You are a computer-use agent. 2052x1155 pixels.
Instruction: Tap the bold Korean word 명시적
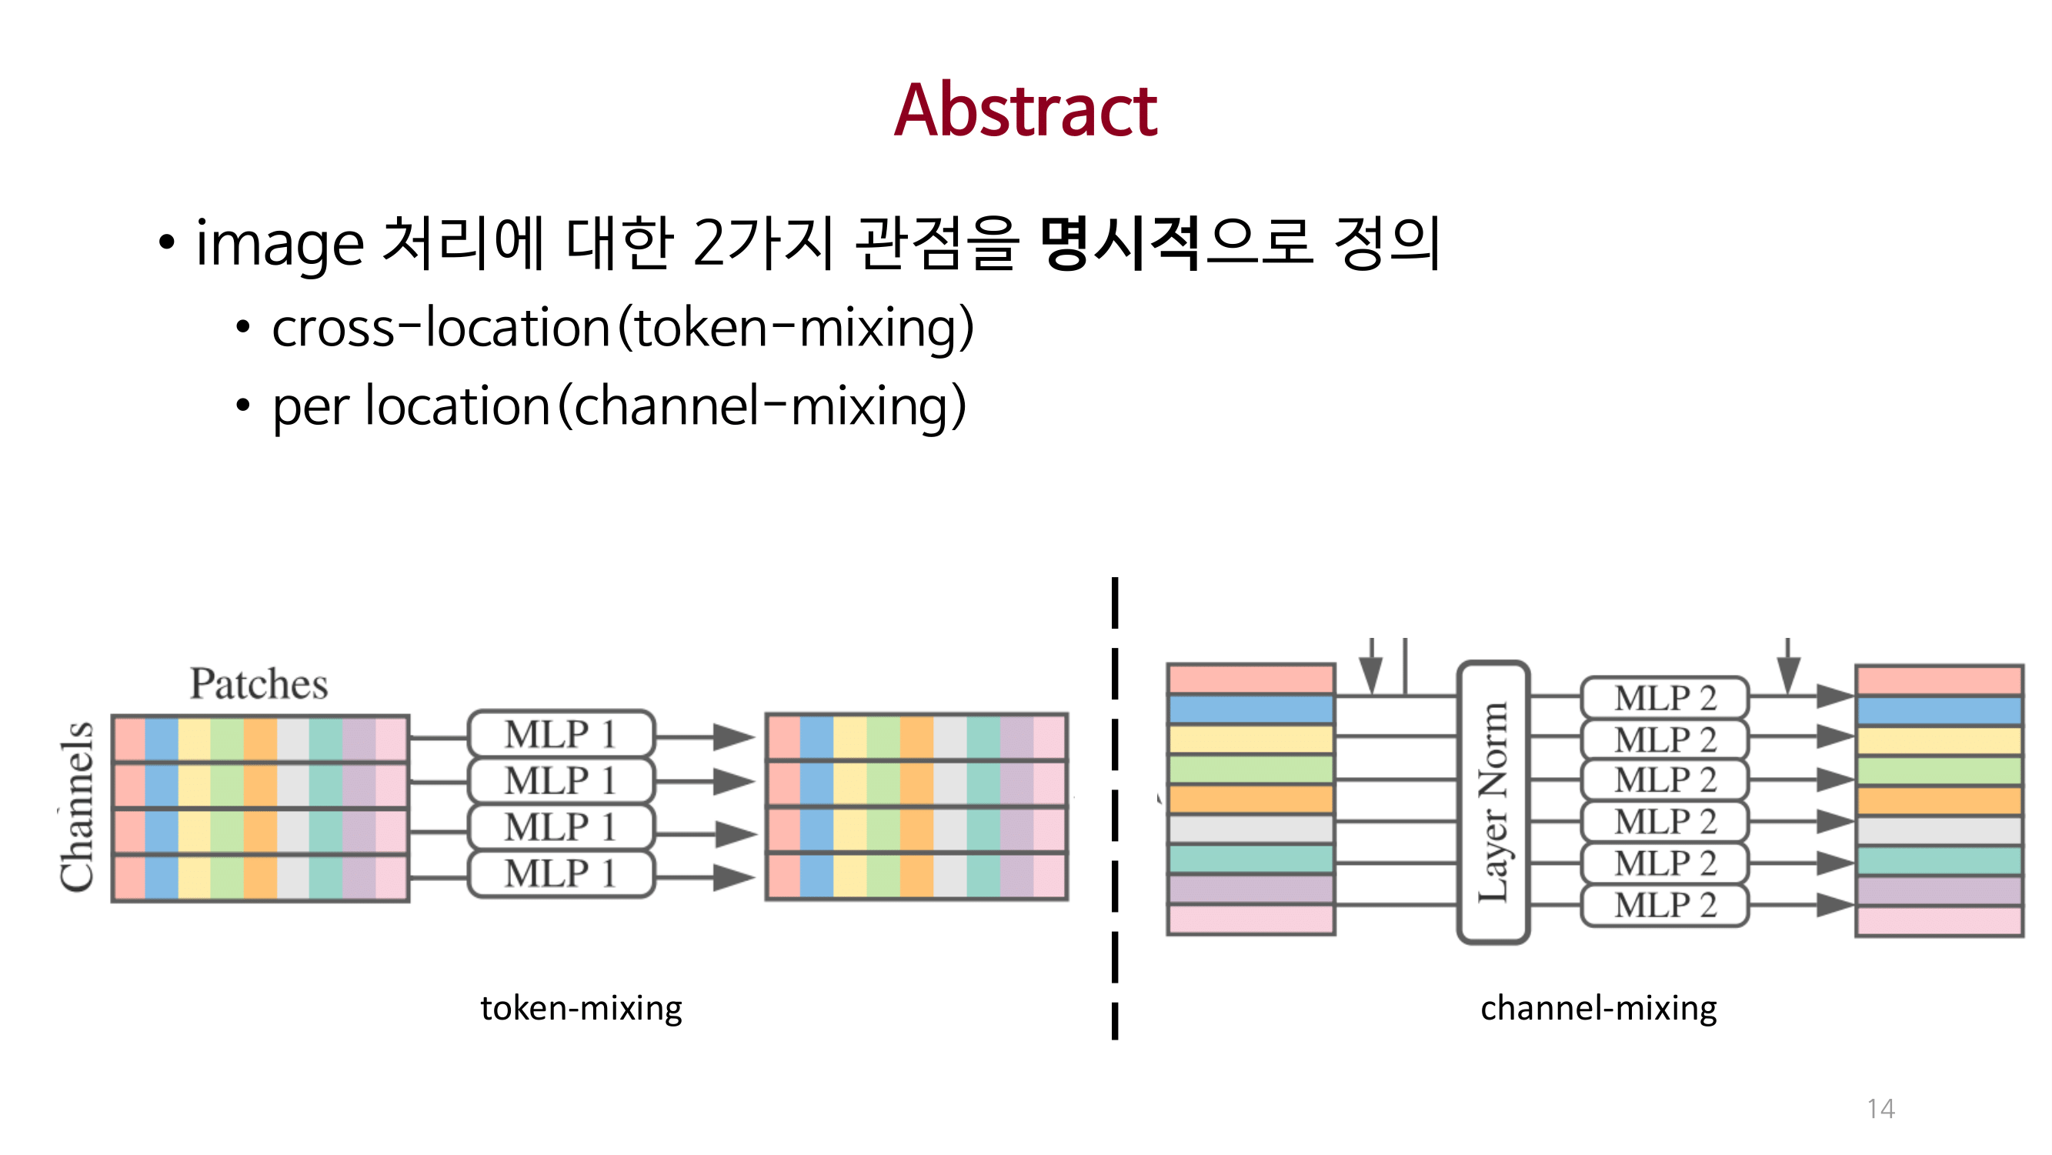coord(1119,244)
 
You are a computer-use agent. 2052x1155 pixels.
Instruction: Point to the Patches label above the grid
coord(259,683)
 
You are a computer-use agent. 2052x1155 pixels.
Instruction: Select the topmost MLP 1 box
coord(561,734)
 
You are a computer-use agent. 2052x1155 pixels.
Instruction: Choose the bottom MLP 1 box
coord(561,875)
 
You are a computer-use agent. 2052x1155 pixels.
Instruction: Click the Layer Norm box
coord(1493,801)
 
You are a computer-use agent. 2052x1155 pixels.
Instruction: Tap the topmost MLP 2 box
coord(1664,698)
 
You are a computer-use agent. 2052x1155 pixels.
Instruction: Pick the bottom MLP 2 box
coord(1664,906)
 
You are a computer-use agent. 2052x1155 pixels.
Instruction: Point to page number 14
coord(1880,1109)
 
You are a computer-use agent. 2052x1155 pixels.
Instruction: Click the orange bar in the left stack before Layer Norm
coord(1250,799)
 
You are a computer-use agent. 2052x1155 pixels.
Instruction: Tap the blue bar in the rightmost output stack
coord(1939,710)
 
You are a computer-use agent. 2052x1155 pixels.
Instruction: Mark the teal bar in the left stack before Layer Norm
coord(1250,859)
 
